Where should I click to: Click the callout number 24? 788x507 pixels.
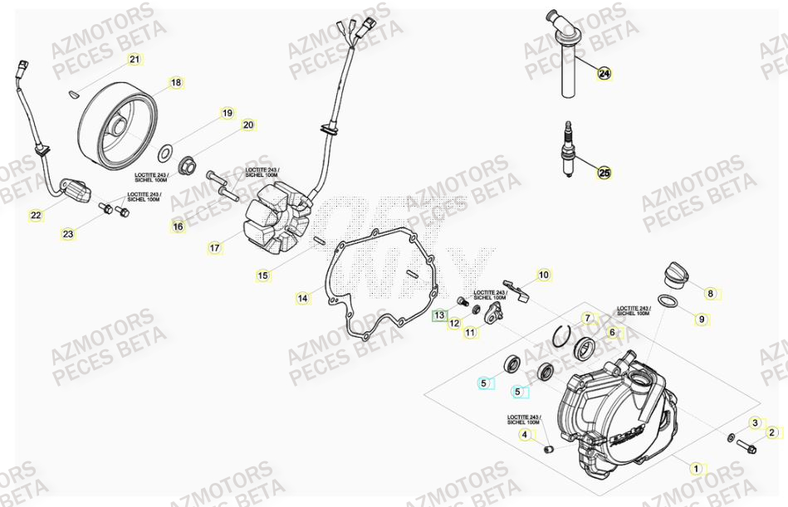604,74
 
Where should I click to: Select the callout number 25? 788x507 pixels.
604,173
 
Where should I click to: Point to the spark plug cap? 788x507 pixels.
568,50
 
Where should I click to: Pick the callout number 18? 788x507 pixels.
175,83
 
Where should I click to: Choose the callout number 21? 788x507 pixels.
135,59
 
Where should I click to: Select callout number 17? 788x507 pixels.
214,247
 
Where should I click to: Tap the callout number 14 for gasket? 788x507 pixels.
303,297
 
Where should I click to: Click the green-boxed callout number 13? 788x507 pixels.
439,315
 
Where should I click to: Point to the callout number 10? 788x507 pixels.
543,275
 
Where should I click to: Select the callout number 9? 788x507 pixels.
700,319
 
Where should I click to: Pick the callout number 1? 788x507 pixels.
697,468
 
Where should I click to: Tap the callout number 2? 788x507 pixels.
771,431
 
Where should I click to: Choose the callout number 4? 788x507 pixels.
524,434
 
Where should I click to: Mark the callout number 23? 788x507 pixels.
67,235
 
